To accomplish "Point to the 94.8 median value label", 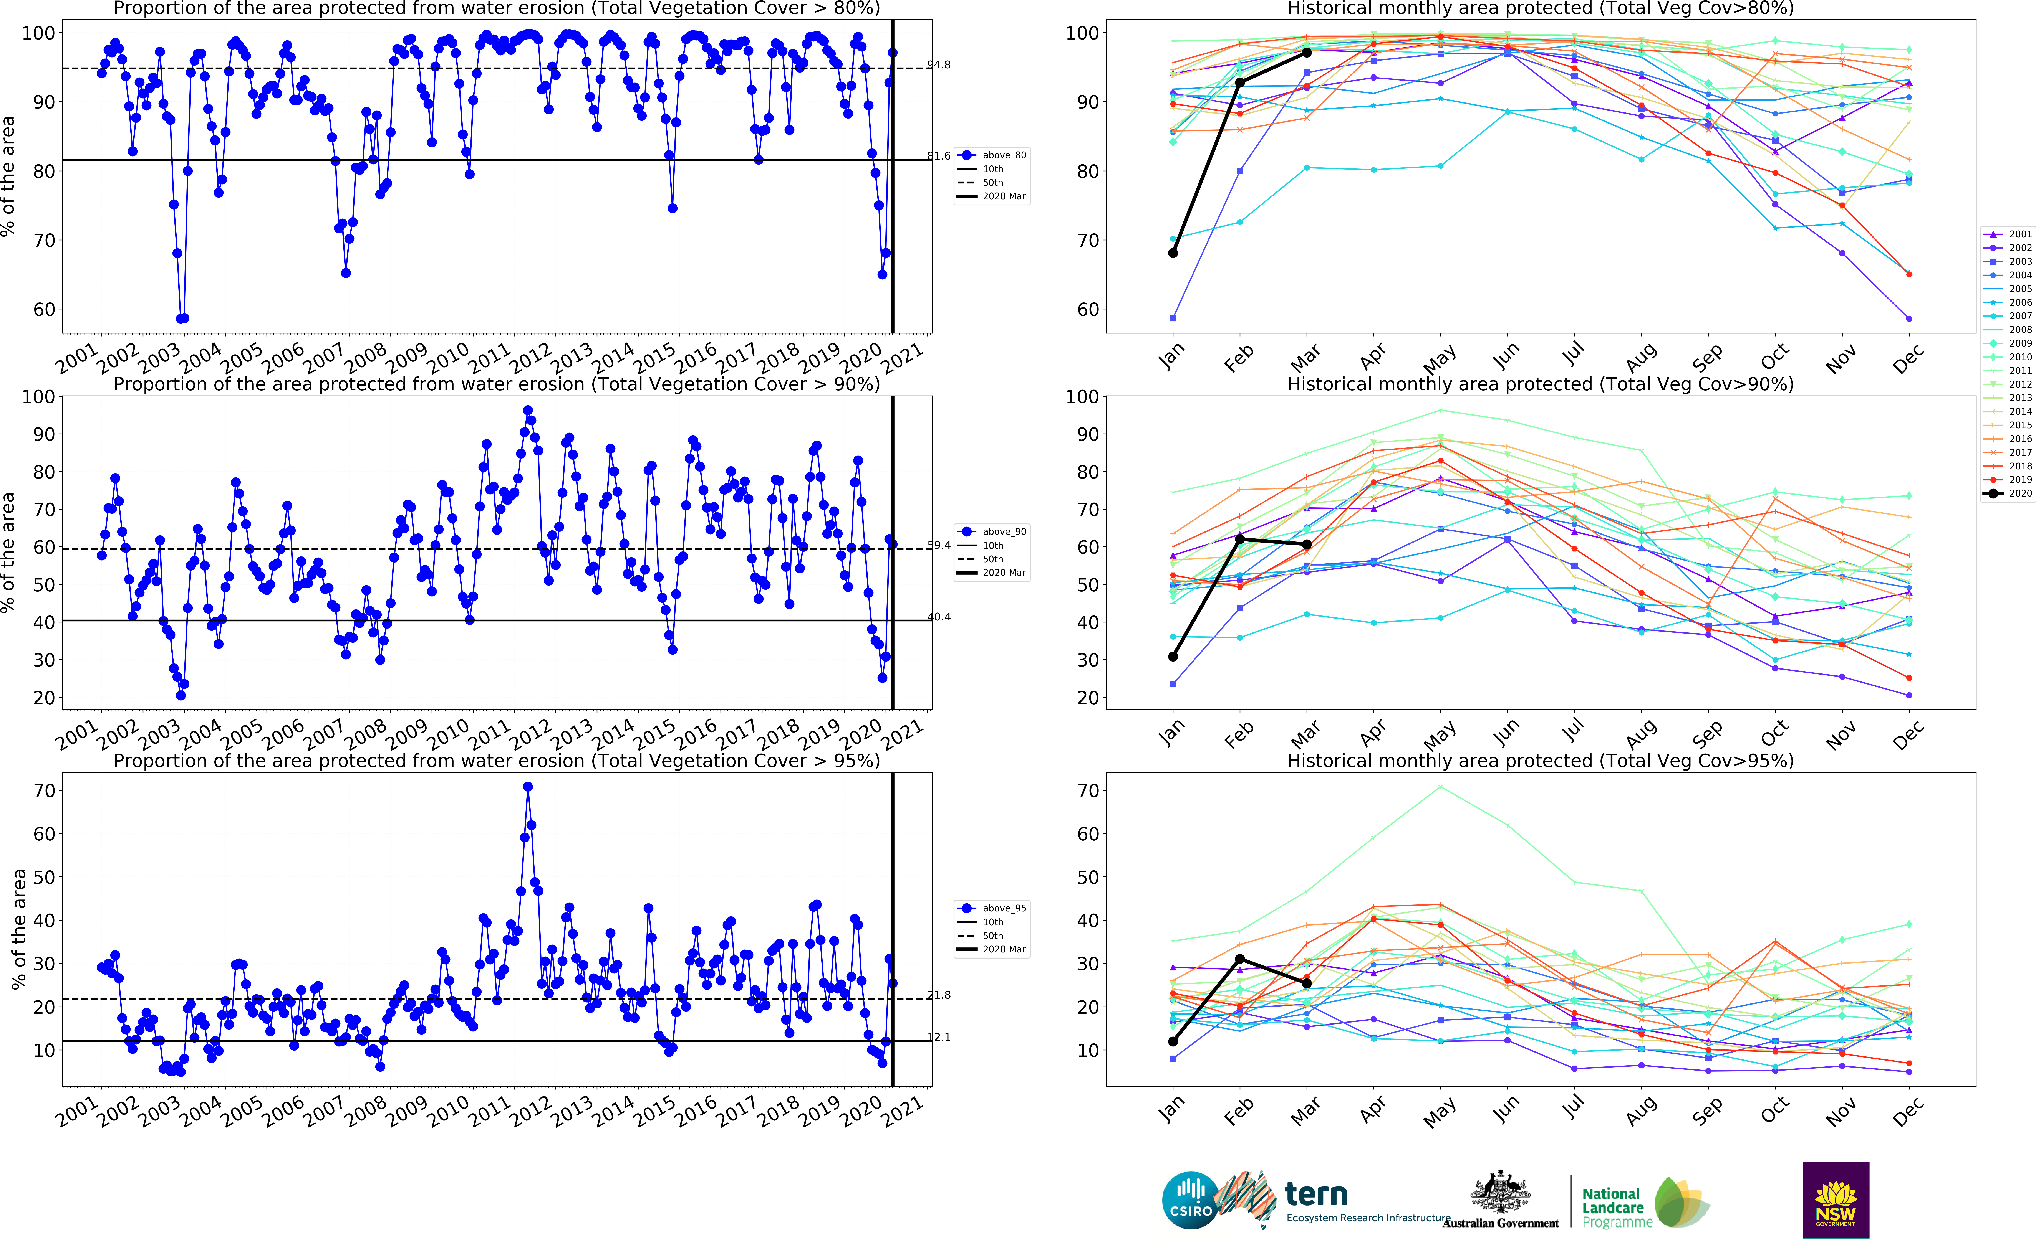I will (938, 65).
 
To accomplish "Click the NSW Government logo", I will (1835, 1200).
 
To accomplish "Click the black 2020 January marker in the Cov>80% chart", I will (1172, 253).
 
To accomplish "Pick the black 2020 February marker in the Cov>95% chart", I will (1239, 959).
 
